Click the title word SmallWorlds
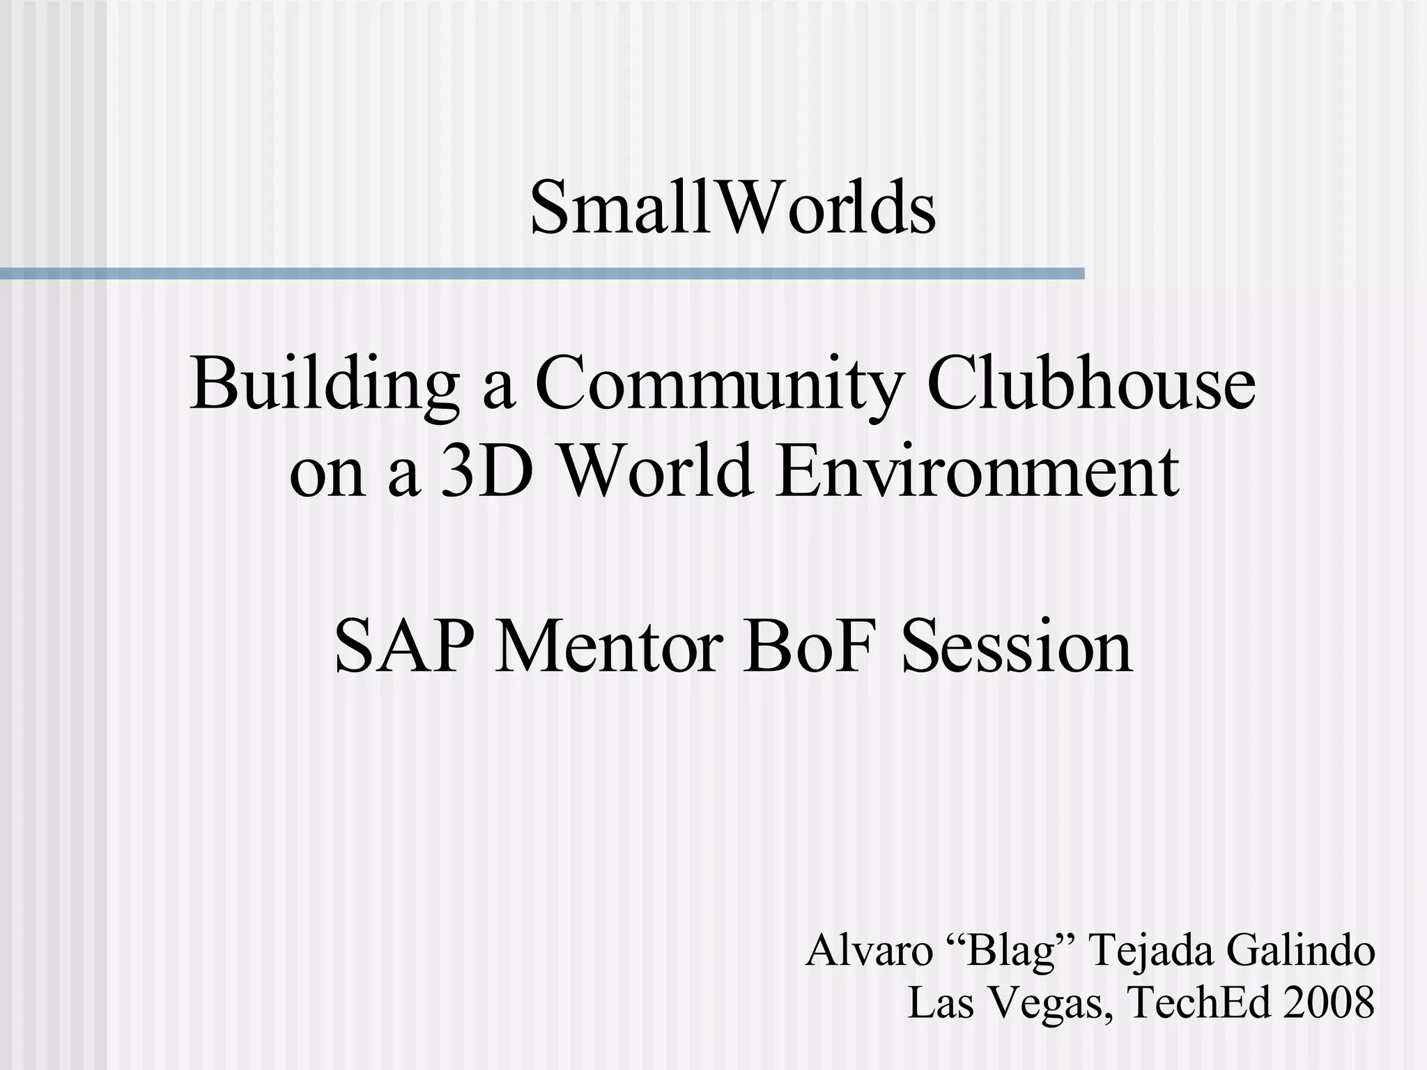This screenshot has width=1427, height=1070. [732, 208]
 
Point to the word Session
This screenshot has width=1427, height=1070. [1017, 647]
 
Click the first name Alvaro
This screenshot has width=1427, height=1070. [868, 951]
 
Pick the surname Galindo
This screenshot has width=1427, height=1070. [1300, 951]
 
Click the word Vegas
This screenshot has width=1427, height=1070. [1047, 1004]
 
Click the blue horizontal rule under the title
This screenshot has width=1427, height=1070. [542, 274]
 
